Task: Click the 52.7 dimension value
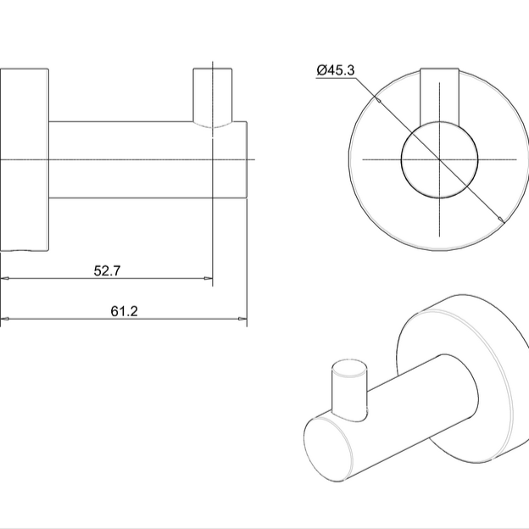click(105, 270)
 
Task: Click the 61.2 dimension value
click(124, 311)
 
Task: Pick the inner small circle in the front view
click(439, 159)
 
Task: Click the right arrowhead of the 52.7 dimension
click(208, 278)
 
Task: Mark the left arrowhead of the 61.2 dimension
click(4, 319)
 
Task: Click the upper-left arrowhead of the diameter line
click(378, 99)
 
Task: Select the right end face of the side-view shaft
click(247, 159)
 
